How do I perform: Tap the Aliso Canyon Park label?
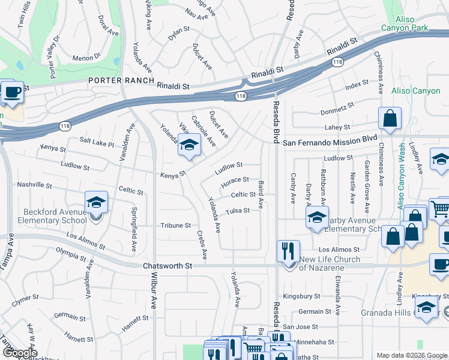tap(406, 23)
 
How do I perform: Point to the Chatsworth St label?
tap(167, 265)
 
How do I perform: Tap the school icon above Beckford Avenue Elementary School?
tap(96, 203)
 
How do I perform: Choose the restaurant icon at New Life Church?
tap(288, 251)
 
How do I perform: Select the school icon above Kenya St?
tap(189, 146)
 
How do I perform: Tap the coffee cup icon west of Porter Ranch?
tap(12, 92)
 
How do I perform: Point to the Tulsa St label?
tap(237, 211)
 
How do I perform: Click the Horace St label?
tap(235, 179)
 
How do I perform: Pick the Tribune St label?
tap(175, 226)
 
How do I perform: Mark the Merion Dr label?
tap(86, 58)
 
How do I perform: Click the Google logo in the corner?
tap(20, 353)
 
